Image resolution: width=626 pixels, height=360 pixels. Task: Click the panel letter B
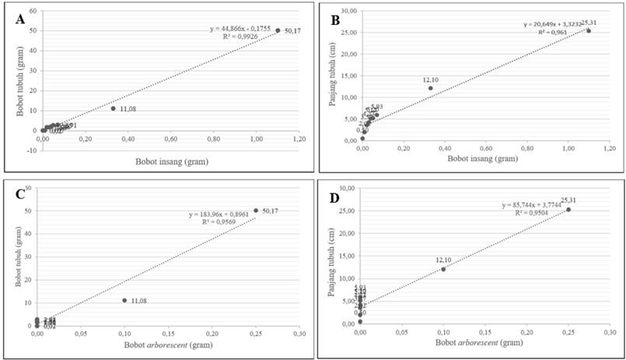coord(335,19)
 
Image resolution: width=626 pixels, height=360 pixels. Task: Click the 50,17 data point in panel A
coord(278,30)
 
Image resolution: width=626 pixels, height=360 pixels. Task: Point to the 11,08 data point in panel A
coord(114,108)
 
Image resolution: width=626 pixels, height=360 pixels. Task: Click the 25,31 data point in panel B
coord(589,31)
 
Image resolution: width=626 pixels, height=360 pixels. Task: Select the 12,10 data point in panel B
coord(431,88)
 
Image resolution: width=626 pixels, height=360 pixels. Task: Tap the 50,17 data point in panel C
coord(256,210)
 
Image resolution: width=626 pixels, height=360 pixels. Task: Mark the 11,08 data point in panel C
coord(124,300)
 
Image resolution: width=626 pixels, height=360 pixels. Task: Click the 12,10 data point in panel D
coord(443,269)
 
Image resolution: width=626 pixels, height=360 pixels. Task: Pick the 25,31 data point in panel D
coord(568,209)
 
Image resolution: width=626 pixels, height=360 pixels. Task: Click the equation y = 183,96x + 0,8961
coord(221,214)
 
